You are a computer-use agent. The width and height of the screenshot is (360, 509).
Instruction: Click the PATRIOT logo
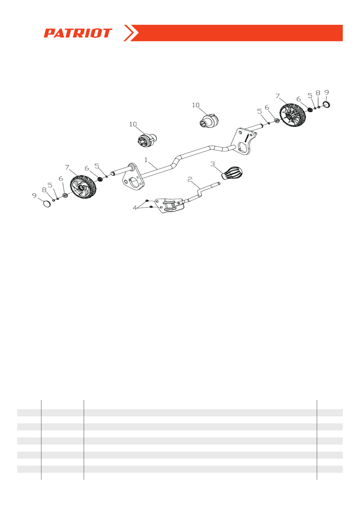78,33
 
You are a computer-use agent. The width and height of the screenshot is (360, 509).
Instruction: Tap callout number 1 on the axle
146,160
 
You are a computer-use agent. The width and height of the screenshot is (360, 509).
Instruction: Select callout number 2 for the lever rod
190,179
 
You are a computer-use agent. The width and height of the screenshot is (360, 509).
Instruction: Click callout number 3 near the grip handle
212,164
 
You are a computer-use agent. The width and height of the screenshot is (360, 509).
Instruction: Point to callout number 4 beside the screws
135,208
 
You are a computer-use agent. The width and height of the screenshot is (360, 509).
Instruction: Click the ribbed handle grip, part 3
232,173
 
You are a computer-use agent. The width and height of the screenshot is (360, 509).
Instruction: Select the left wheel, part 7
83,188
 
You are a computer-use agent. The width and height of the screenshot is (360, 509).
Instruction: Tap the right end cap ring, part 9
326,104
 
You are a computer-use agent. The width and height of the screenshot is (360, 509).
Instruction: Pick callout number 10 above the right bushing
196,105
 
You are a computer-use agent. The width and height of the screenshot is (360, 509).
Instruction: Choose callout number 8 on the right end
318,93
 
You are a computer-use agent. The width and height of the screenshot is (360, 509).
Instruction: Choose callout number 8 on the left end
44,190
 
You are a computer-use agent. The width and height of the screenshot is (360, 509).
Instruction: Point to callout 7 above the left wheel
67,167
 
